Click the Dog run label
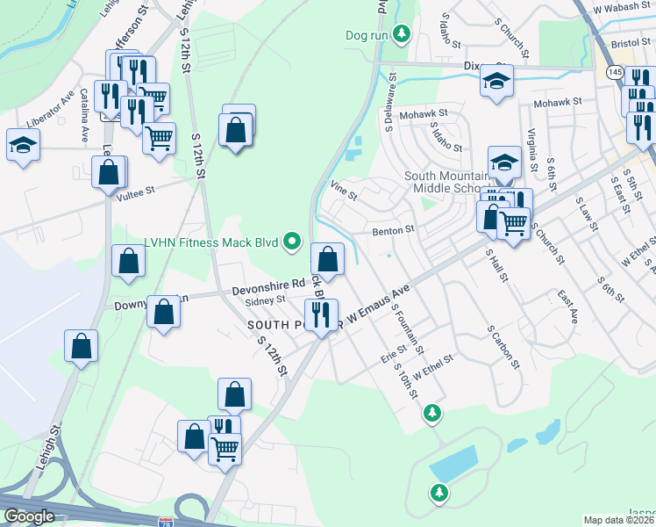tap(366, 35)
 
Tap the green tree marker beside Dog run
tap(402, 34)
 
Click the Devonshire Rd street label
tap(267, 287)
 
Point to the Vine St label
tap(344, 190)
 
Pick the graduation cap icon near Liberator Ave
tap(23, 144)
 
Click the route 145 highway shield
tap(613, 71)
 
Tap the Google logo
tap(29, 516)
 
